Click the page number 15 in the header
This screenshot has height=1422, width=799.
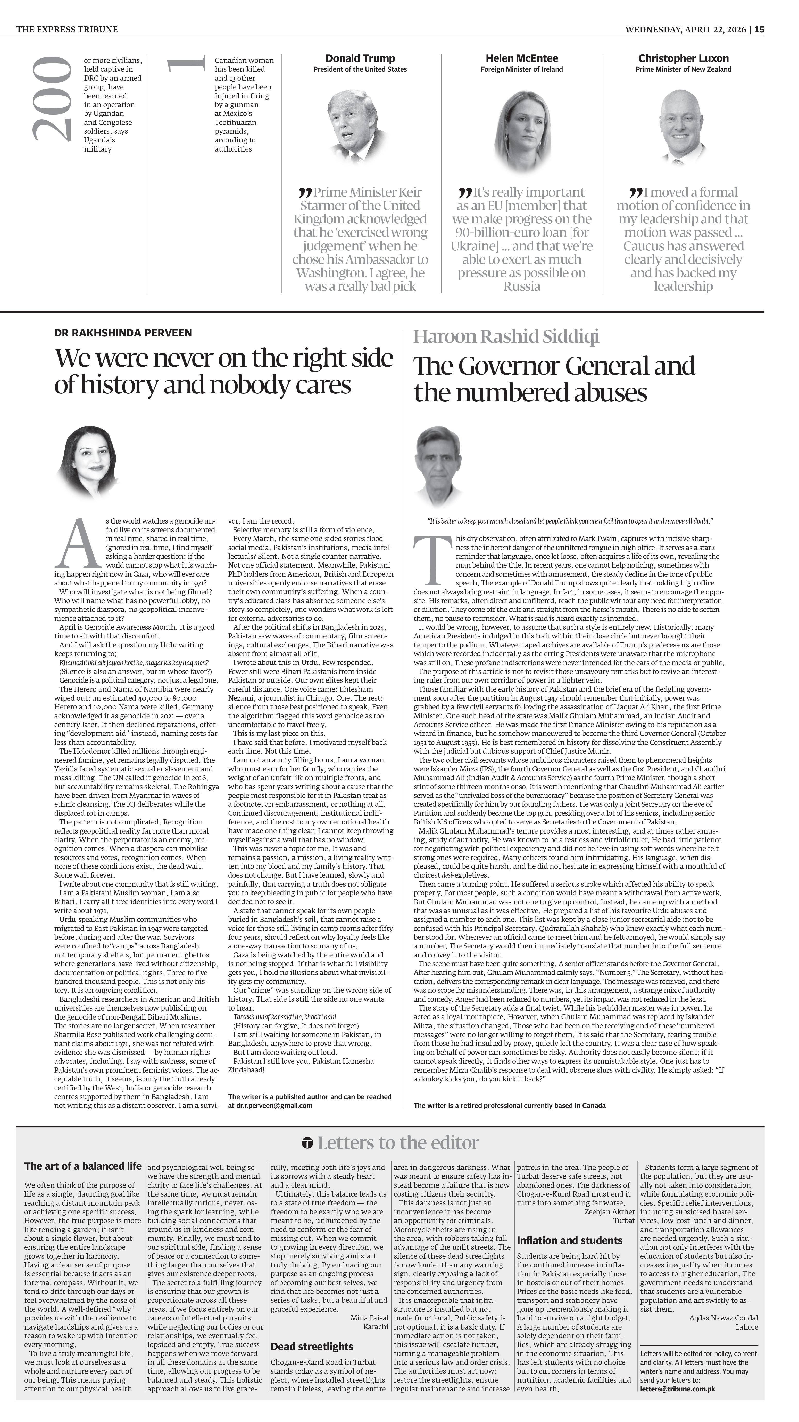[x=760, y=29]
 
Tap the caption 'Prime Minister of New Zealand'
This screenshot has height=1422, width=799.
[x=683, y=70]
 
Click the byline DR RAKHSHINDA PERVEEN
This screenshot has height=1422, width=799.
[x=123, y=333]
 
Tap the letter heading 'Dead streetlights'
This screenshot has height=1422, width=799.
[x=311, y=1346]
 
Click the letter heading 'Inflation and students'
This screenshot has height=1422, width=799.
[x=569, y=1240]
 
